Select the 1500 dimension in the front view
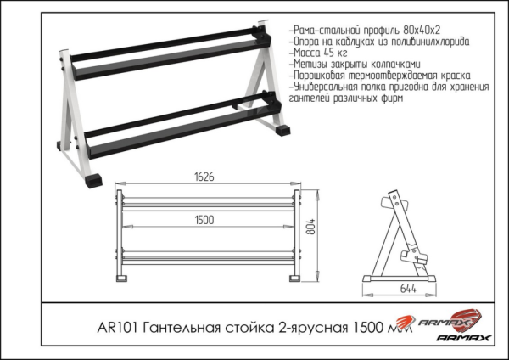(x=204, y=219)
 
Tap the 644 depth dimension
(x=411, y=289)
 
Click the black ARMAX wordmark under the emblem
(x=463, y=339)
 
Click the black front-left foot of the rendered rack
(x=92, y=180)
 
